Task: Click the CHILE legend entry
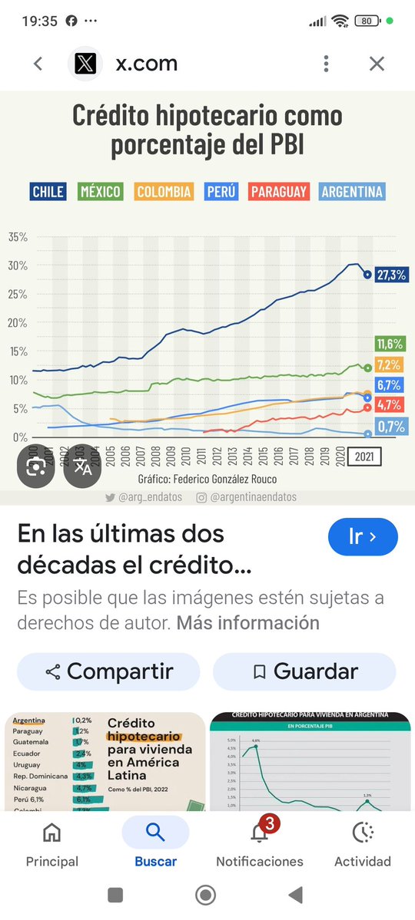point(48,192)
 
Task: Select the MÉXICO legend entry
point(101,192)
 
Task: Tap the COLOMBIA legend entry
point(164,192)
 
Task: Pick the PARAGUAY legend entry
point(278,192)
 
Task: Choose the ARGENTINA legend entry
point(351,192)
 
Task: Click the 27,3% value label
point(391,274)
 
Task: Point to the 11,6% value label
point(390,344)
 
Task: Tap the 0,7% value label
point(390,427)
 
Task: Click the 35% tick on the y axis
point(18,237)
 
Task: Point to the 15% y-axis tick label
point(18,351)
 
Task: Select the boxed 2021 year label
point(364,457)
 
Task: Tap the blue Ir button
point(363,536)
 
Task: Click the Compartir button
point(108,672)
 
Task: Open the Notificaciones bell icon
point(260,833)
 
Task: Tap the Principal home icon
point(52,833)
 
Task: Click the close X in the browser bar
point(377,64)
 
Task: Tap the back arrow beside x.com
point(38,64)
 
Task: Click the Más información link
point(248,622)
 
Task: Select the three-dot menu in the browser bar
point(327,64)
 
